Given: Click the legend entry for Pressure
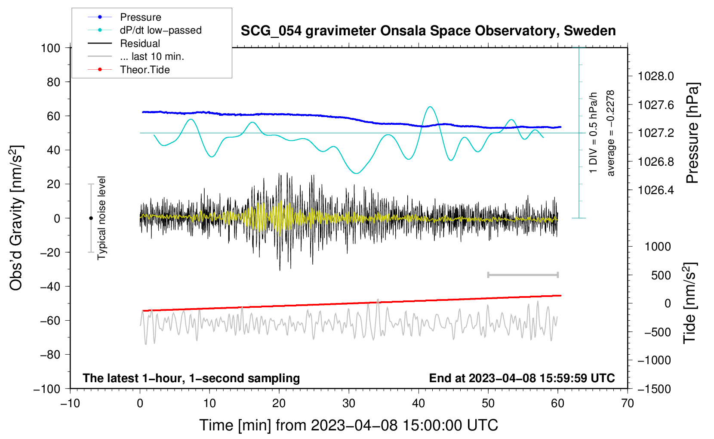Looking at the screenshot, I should [x=140, y=17].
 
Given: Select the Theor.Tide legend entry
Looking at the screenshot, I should [x=145, y=70].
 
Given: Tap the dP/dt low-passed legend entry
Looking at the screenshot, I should [x=160, y=30].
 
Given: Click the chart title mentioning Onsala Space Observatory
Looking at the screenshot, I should [x=428, y=31].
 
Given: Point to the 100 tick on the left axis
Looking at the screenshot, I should [x=50, y=48].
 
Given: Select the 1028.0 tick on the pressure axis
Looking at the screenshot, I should [x=656, y=77].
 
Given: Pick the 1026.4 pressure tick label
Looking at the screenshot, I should [x=656, y=190].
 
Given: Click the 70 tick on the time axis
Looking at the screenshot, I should [x=628, y=404].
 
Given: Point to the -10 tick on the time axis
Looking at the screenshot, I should [x=70, y=404].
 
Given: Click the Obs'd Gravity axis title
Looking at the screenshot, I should [x=16, y=218].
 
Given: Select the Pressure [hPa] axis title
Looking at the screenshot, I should [x=692, y=133].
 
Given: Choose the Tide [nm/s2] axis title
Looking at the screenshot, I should [x=690, y=303].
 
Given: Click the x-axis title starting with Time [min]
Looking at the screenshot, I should [x=349, y=425].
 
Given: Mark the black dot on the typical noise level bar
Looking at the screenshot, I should [x=91, y=218].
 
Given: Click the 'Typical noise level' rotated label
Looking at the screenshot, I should [x=102, y=218].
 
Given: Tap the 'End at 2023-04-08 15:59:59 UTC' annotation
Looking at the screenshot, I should [x=522, y=378].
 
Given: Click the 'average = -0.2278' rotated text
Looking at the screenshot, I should [x=611, y=133].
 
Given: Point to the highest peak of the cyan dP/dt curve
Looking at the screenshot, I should [x=430, y=107].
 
